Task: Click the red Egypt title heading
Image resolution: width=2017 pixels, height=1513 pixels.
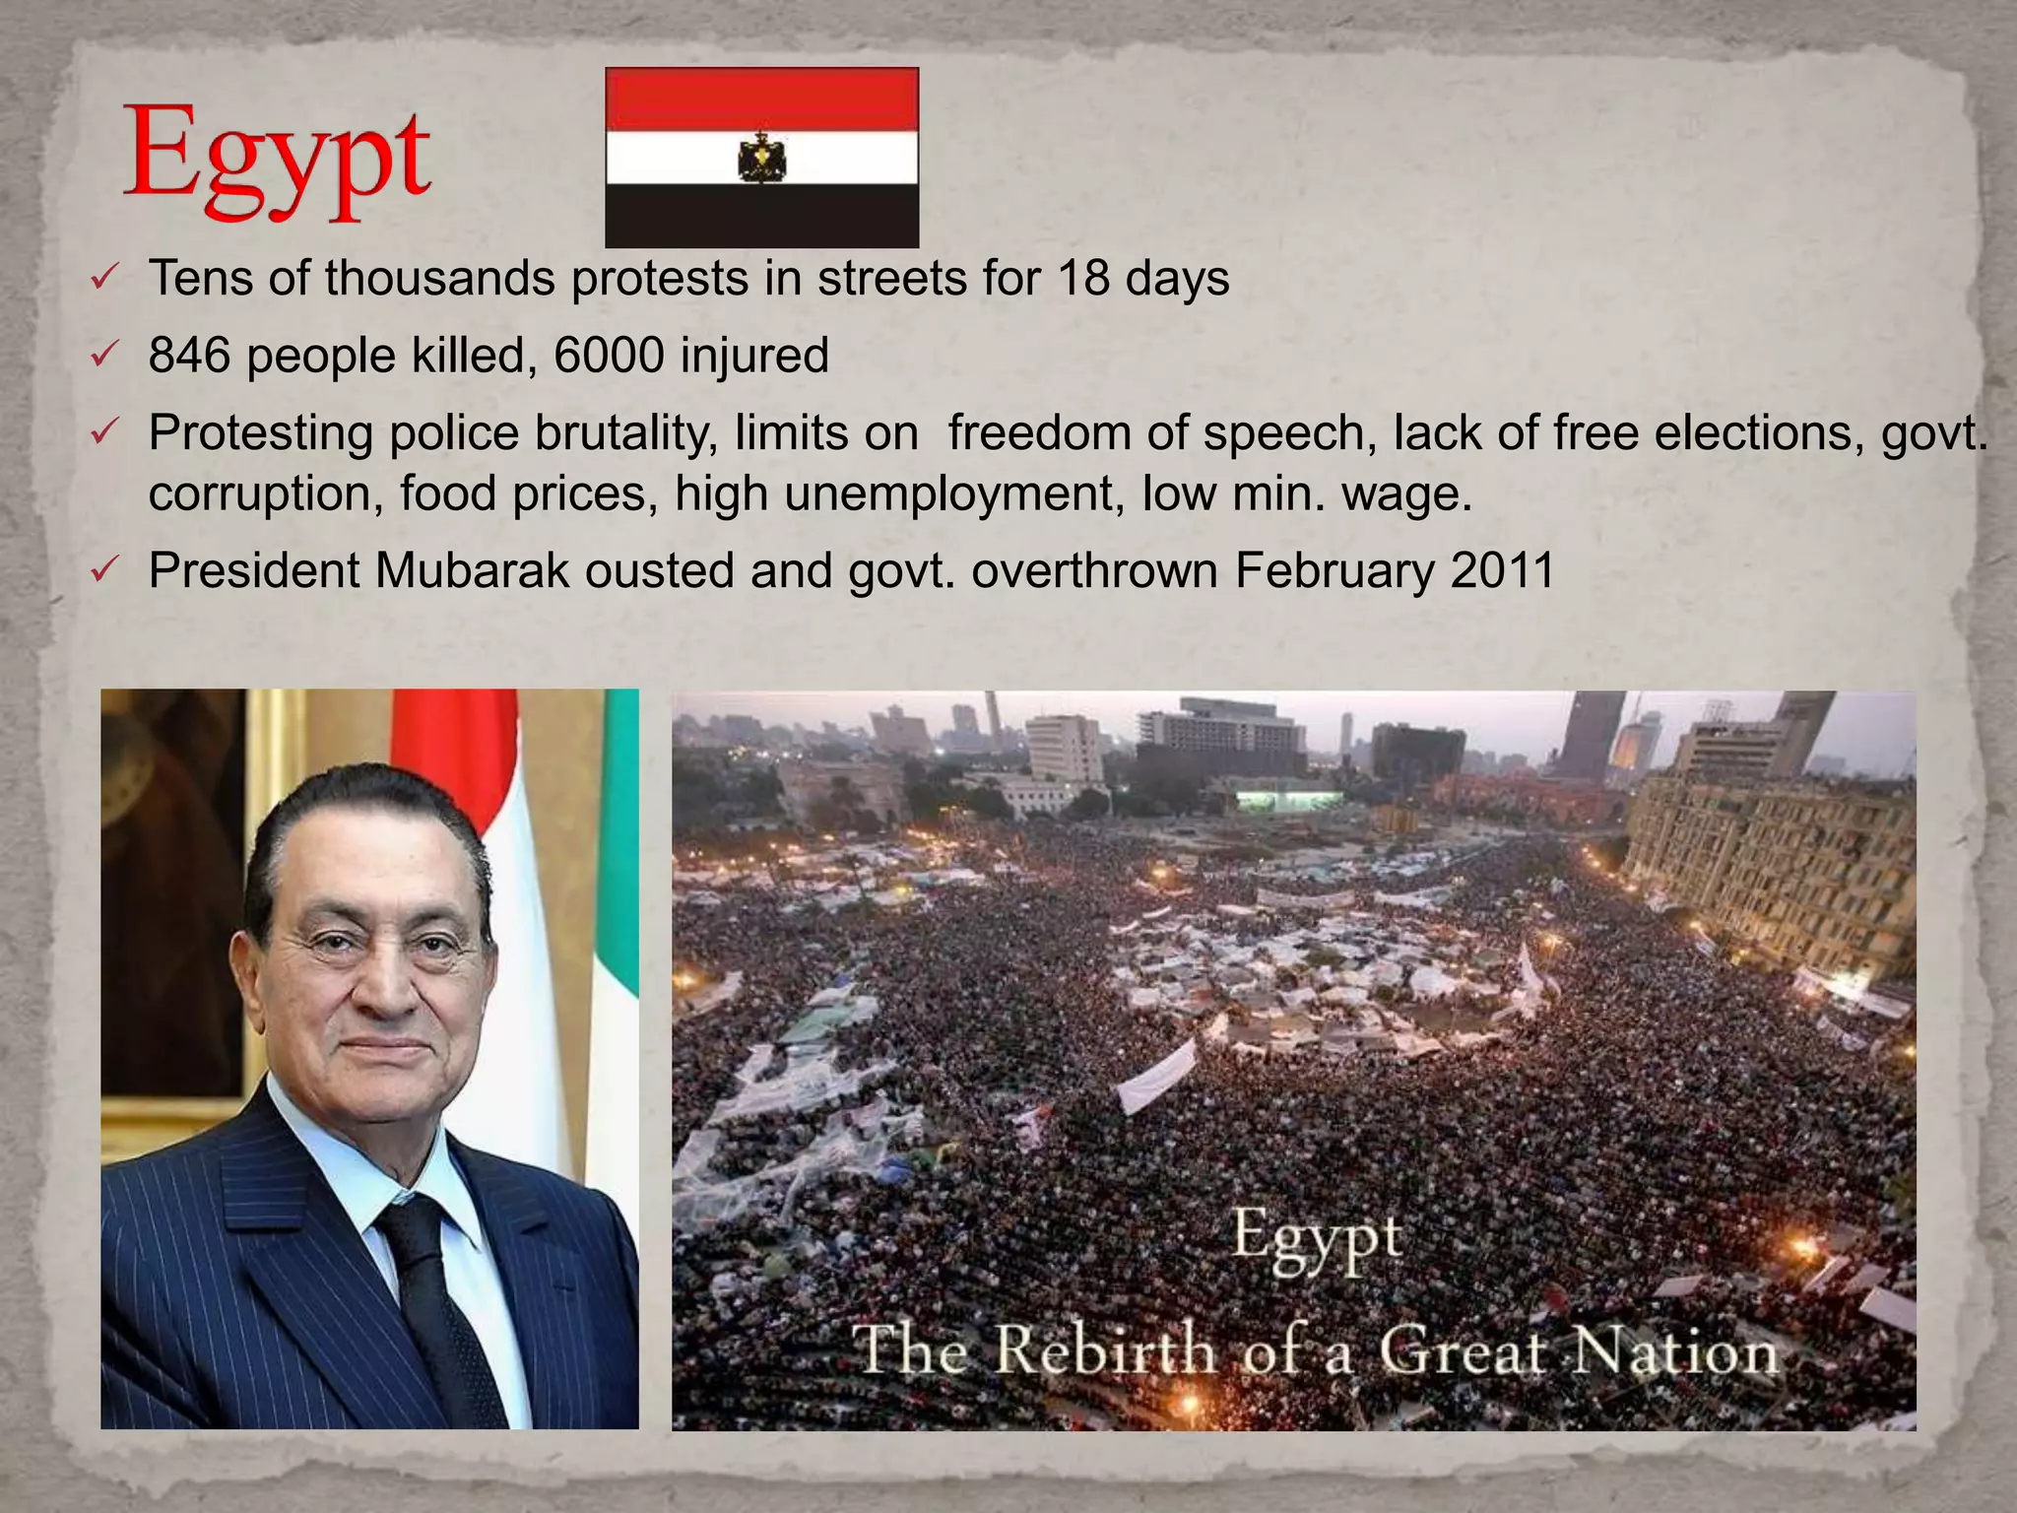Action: click(x=277, y=162)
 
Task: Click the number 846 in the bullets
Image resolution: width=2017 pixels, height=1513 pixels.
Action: click(x=189, y=356)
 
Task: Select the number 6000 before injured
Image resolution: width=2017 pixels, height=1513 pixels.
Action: click(x=609, y=356)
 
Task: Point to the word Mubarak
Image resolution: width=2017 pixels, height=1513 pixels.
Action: click(x=472, y=570)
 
